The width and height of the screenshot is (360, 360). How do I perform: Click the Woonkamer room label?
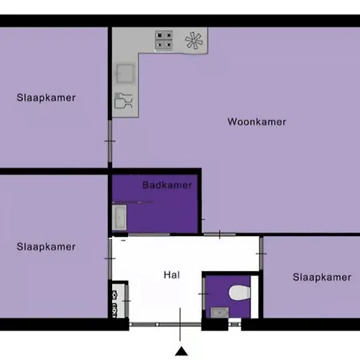tap(257, 122)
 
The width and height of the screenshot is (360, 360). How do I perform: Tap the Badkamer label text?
tap(167, 185)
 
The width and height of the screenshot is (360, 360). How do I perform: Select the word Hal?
tap(172, 275)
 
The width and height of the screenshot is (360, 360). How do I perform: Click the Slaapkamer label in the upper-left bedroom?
tap(46, 98)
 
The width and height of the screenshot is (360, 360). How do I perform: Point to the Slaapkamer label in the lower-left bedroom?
tap(46, 246)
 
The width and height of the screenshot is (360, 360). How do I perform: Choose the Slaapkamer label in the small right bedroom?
tap(322, 278)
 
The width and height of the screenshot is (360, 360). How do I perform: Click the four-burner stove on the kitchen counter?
tap(164, 40)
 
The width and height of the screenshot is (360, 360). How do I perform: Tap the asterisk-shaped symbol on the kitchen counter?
tap(194, 41)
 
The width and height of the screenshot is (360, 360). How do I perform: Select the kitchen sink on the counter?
tap(125, 73)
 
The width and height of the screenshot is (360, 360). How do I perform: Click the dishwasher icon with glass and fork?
tap(123, 100)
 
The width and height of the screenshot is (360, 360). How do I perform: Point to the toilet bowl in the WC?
tap(239, 292)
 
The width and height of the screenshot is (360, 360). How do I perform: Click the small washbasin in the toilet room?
tap(219, 313)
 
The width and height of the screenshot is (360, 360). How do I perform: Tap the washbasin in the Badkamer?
tap(119, 218)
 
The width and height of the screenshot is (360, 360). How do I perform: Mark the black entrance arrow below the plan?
tap(182, 351)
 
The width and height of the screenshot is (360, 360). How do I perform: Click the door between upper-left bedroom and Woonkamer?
tap(110, 141)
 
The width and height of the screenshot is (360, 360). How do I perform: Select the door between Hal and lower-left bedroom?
tap(110, 258)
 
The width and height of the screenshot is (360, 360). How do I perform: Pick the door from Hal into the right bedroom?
tap(262, 254)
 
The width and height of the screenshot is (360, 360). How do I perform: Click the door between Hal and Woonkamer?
tap(219, 234)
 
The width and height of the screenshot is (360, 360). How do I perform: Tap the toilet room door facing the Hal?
tap(203, 294)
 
